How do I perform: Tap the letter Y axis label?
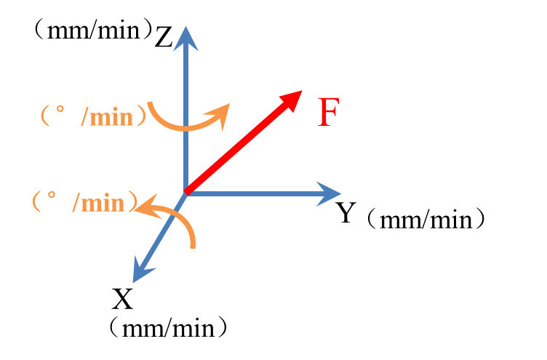[x=346, y=213]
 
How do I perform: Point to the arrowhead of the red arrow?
[x=293, y=98]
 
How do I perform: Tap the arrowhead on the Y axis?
[x=330, y=193]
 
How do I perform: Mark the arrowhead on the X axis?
[x=139, y=273]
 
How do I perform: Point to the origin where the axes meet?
[x=186, y=193]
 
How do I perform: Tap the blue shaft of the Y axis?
[x=255, y=193]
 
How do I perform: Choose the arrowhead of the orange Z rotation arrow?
[x=220, y=111]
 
